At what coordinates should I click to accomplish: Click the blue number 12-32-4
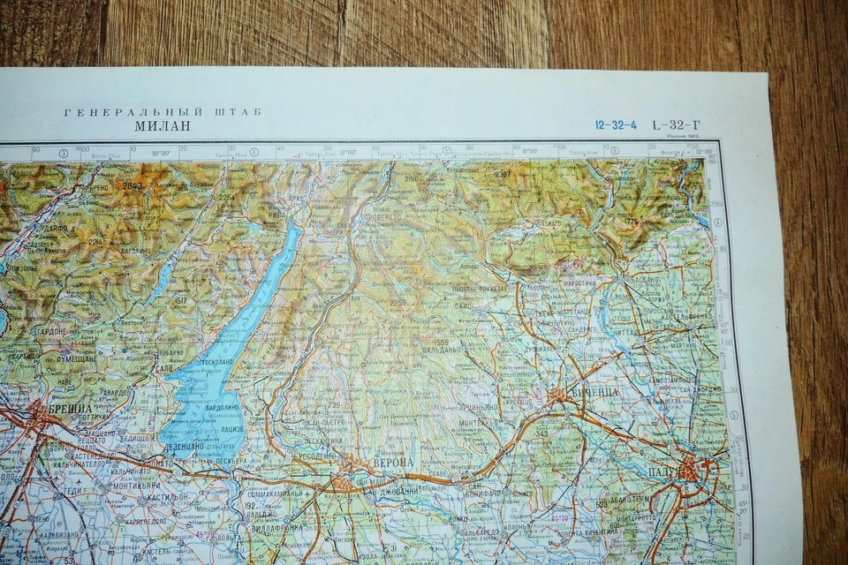[x=616, y=124]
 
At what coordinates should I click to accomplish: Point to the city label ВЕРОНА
[x=395, y=464]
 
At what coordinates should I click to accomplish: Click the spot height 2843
[x=132, y=186]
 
